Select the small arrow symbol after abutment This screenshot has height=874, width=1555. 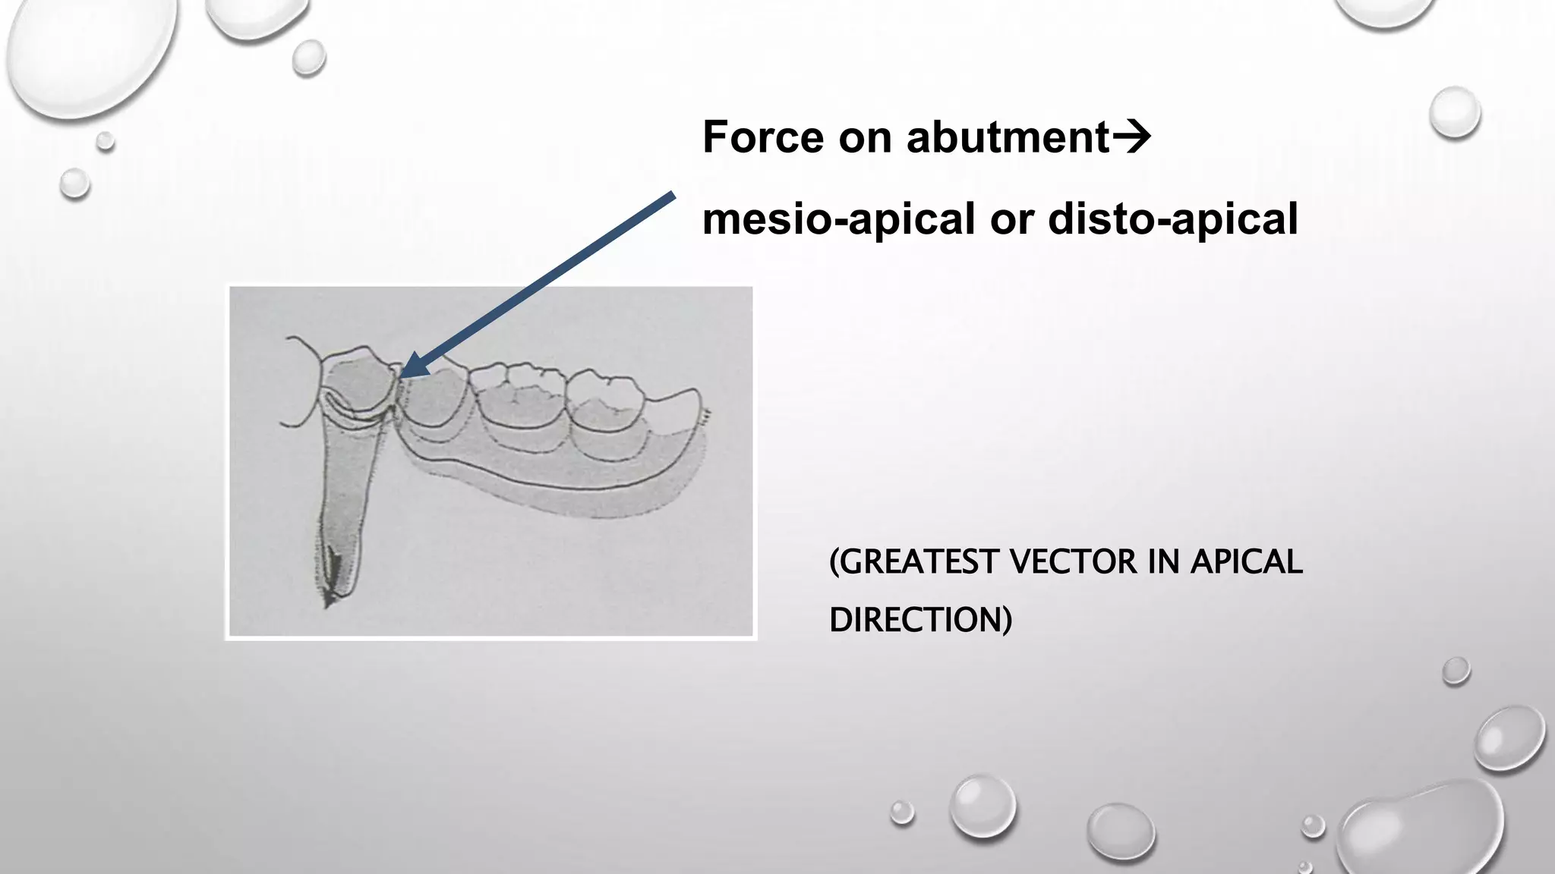tap(1132, 137)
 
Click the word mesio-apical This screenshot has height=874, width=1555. tap(838, 220)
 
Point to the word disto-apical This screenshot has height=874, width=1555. tap(1173, 220)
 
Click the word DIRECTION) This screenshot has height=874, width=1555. tap(920, 620)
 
